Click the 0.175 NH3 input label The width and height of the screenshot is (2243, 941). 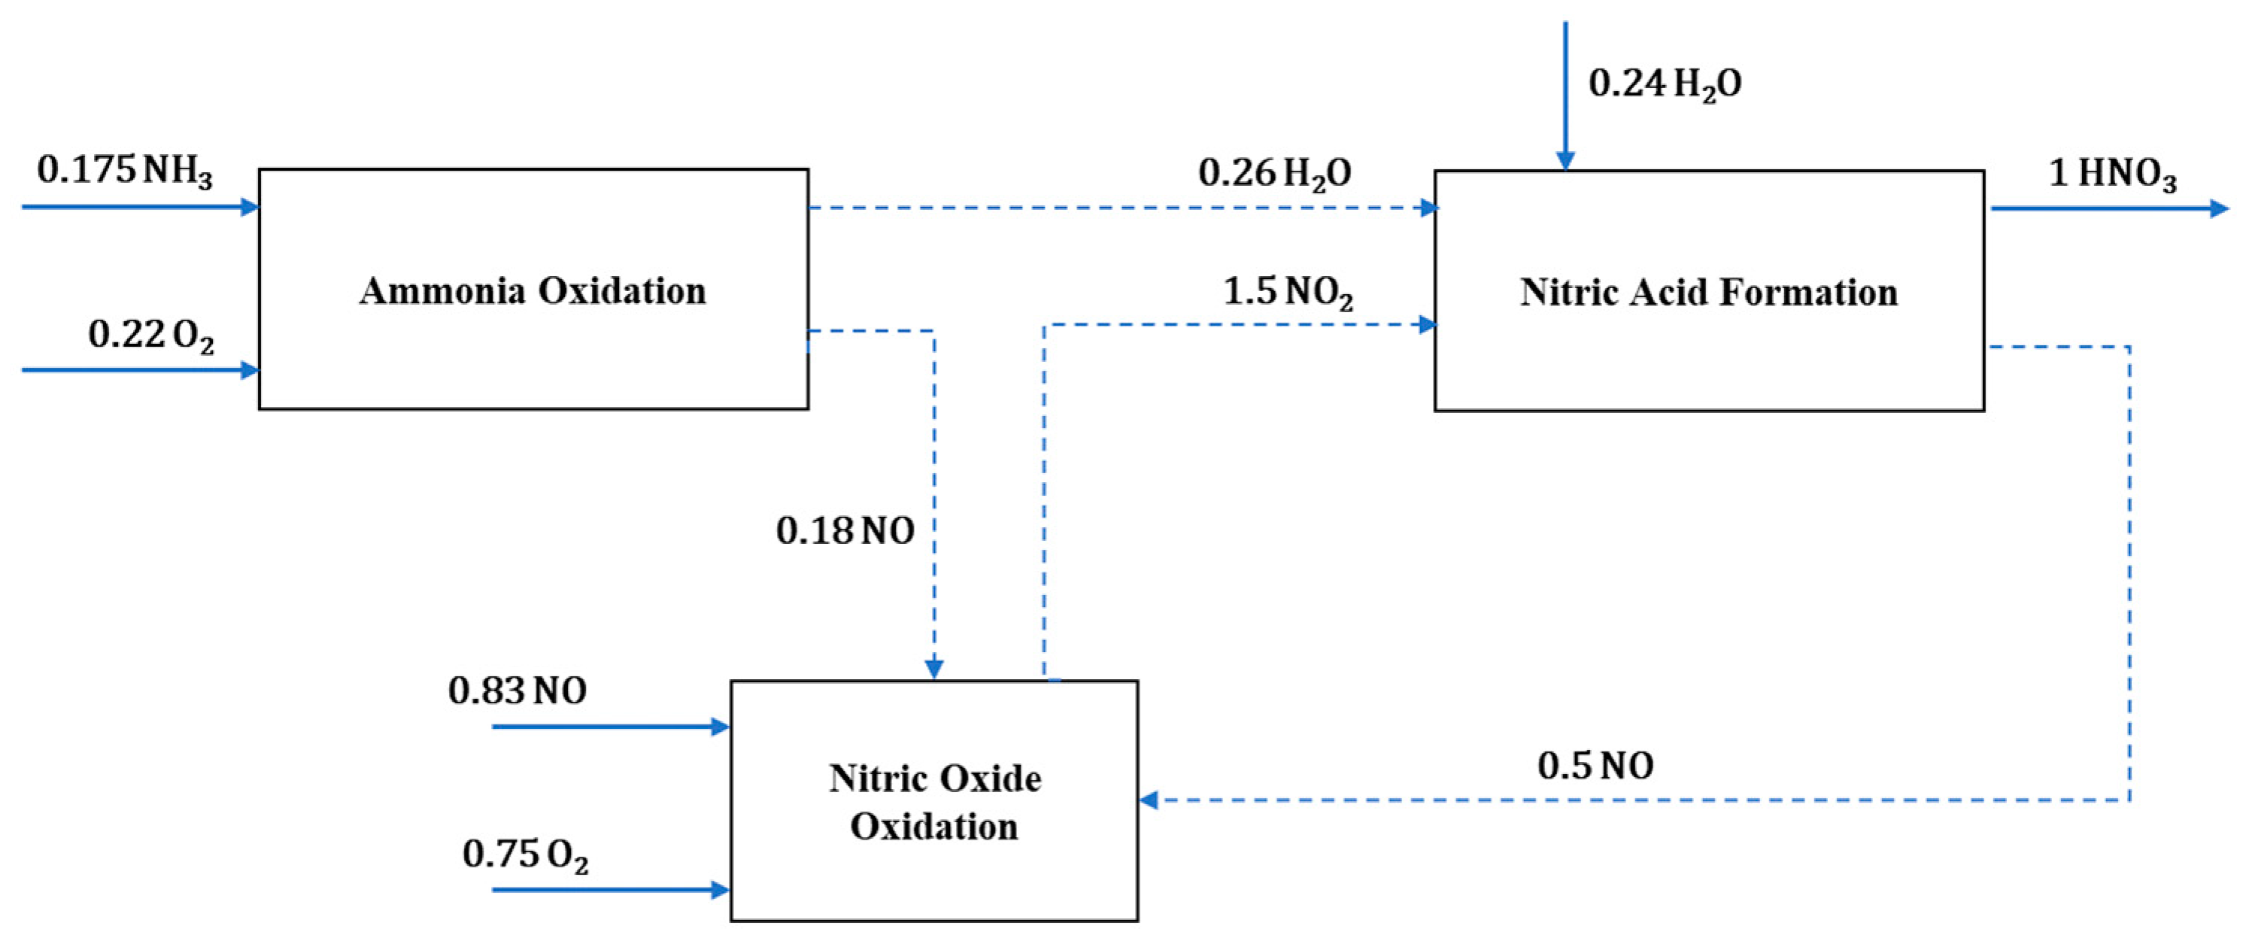125,171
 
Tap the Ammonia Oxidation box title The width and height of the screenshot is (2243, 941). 533,291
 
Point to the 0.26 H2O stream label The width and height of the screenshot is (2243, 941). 1275,173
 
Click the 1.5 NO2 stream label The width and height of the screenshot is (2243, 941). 1288,293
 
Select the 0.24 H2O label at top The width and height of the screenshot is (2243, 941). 1664,84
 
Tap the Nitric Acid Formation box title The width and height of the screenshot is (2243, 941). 1708,293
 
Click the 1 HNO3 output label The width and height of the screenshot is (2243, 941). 2112,174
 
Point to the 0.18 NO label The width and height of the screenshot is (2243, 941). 845,531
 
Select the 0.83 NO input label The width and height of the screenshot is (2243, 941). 517,691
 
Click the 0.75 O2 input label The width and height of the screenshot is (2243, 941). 525,854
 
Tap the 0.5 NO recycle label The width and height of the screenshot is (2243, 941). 1595,766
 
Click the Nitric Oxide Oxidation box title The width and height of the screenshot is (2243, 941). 934,802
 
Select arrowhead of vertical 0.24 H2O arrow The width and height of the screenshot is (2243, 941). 1565,161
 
